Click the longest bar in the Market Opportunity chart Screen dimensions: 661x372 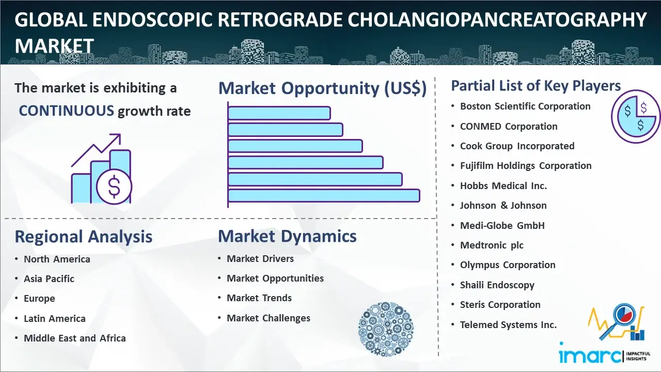pos(324,196)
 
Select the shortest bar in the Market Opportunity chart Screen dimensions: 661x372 pos(279,113)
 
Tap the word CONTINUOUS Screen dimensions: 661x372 pos(67,111)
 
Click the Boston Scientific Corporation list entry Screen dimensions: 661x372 pos(525,106)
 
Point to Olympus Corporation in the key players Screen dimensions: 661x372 pos(508,265)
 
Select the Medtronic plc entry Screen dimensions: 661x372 pos(492,245)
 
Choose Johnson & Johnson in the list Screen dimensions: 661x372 pos(503,206)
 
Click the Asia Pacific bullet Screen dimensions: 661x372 pos(49,278)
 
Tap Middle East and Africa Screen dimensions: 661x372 pos(75,338)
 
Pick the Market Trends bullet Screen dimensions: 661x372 pos(259,298)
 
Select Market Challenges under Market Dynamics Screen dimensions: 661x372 pos(268,318)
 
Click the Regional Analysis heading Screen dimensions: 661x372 pos(84,237)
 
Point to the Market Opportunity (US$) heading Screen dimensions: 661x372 pos(323,88)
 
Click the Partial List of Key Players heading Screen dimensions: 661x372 pos(536,86)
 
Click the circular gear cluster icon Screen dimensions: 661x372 pos(386,329)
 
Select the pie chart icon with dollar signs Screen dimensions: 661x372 pos(636,117)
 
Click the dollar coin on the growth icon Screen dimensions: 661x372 pos(114,187)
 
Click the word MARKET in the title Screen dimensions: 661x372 pos(54,46)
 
